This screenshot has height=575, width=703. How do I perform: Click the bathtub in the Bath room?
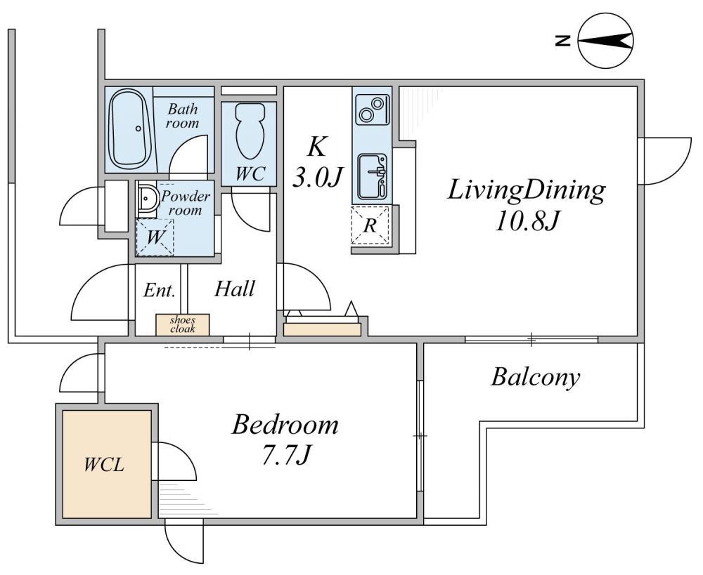point(130,129)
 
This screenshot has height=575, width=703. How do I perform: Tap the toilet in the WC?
point(250,131)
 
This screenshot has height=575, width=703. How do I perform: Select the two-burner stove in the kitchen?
point(372,110)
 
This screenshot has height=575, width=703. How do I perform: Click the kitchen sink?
point(372,177)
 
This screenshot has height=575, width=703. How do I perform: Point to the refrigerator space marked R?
point(370,225)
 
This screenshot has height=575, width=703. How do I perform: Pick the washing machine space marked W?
point(155,237)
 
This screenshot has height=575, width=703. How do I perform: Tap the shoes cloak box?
point(183,324)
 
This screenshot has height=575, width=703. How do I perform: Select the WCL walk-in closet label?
point(104,465)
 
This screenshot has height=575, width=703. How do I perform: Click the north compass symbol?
point(605,41)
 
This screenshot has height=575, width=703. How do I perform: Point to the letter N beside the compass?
point(562,41)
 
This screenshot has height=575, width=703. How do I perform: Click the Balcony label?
point(536,377)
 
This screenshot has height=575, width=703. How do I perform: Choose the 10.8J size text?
point(527,220)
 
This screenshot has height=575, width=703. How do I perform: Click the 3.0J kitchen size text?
point(318,178)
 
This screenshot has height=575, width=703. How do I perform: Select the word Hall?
point(235,289)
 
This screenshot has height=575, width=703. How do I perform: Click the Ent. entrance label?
point(159,291)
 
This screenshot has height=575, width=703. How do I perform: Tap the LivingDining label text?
point(527,190)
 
